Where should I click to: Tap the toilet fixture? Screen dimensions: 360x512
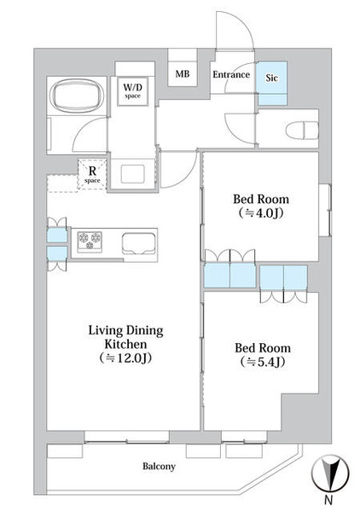pyautogui.click(x=302, y=131)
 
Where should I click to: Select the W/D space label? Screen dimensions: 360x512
pyautogui.click(x=132, y=90)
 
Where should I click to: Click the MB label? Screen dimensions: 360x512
pyautogui.click(x=182, y=73)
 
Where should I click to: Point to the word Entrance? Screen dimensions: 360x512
pyautogui.click(x=231, y=74)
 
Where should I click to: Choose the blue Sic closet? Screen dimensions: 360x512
pyautogui.click(x=272, y=84)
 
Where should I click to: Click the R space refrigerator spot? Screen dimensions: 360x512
pyautogui.click(x=92, y=174)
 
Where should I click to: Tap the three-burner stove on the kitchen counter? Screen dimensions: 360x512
pyautogui.click(x=90, y=241)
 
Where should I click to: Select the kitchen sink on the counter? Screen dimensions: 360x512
pyautogui.click(x=139, y=243)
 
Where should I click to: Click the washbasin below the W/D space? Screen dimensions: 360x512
pyautogui.click(x=132, y=174)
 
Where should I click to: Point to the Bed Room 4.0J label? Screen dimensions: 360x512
pyautogui.click(x=261, y=206)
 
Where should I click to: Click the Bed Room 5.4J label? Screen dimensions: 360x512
pyautogui.click(x=263, y=355)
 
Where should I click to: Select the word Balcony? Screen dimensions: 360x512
pyautogui.click(x=159, y=466)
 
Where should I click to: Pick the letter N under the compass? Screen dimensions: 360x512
pyautogui.click(x=329, y=499)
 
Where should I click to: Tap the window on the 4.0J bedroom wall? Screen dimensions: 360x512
pyautogui.click(x=325, y=210)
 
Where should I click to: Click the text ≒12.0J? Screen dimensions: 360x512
pyautogui.click(x=125, y=358)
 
